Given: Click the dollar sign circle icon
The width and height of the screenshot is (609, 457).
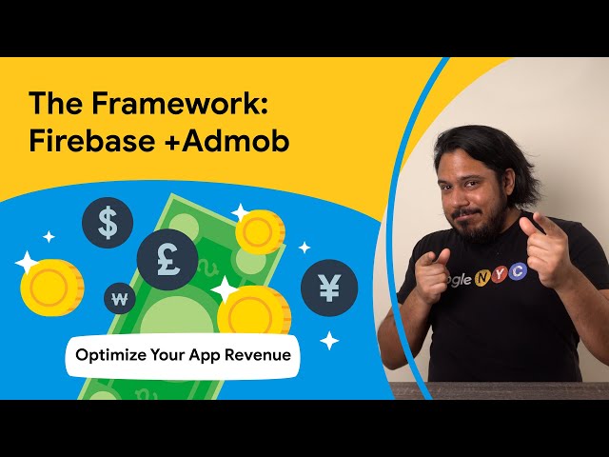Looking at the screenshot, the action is (x=108, y=223).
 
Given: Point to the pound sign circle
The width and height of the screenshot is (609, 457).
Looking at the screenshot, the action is (x=167, y=260).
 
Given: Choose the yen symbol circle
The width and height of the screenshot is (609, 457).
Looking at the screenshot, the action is (x=329, y=288).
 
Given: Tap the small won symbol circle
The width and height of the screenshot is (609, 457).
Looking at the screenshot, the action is (x=120, y=298).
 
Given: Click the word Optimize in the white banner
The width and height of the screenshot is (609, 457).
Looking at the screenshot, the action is (x=111, y=355).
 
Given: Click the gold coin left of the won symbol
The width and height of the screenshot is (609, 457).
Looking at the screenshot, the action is (x=52, y=288).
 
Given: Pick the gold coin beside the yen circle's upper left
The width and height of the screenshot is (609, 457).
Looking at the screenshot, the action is (x=260, y=232).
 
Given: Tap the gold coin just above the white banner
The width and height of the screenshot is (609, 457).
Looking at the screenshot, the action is (x=254, y=310).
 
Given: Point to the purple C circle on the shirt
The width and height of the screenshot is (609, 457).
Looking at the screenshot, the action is (x=517, y=271).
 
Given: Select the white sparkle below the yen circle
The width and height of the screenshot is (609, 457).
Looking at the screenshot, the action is (x=329, y=341).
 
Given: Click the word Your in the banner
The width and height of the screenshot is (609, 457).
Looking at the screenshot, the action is (x=167, y=355).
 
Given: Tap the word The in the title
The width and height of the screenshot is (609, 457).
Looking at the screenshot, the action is (x=56, y=103).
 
